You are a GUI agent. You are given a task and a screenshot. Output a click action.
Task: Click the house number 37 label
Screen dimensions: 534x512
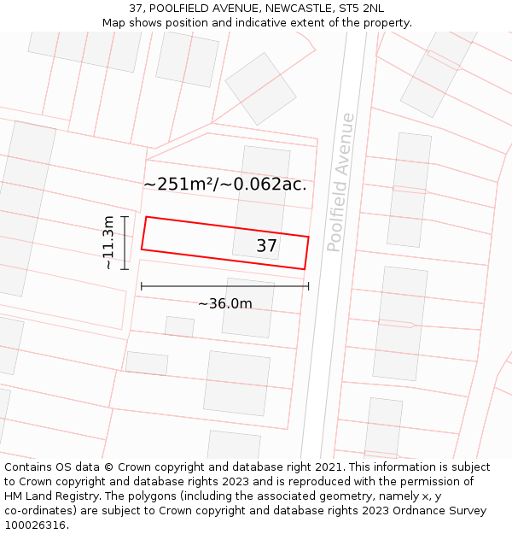pos(266,246)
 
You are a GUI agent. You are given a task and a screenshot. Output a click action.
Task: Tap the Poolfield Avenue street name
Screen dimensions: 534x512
pos(340,182)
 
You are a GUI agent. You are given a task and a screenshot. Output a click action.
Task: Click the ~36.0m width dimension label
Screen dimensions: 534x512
pos(225,304)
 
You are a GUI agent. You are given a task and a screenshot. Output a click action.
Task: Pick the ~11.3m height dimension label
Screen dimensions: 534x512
pos(108,243)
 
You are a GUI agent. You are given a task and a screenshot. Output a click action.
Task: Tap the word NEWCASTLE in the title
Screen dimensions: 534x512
pos(284,9)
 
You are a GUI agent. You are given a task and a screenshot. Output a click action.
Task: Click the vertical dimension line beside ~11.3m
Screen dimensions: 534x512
pos(125,243)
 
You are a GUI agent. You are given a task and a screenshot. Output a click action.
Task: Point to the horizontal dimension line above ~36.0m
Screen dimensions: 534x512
pos(224,286)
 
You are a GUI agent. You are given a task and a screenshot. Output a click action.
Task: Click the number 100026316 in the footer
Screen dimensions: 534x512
pos(35,525)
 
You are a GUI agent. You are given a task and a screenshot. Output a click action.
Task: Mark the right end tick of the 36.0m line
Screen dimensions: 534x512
pos(308,286)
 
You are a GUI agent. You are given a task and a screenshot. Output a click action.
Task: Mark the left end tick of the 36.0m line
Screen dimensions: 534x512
pos(141,286)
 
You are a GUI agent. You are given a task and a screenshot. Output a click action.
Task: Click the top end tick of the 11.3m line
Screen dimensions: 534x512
pos(125,217)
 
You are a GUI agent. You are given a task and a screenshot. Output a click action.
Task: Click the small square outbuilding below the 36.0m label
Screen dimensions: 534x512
pos(179,326)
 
